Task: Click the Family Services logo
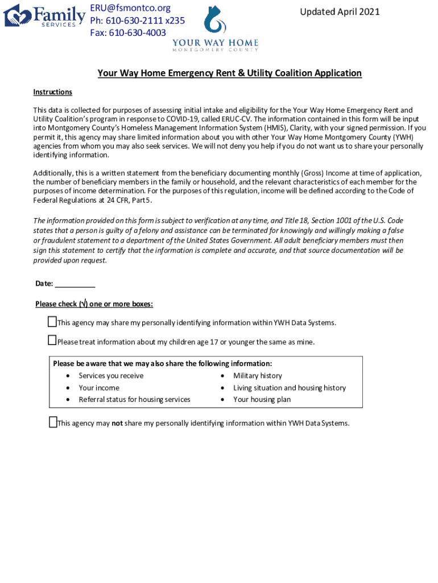(x=44, y=15)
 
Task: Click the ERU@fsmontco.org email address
(x=130, y=9)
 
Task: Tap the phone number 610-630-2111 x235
(x=137, y=20)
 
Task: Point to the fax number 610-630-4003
(x=128, y=32)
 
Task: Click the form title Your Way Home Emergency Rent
(x=229, y=73)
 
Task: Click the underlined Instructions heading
(x=52, y=92)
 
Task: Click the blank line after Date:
(x=75, y=284)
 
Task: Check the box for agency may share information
(x=52, y=322)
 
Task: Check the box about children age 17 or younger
(x=52, y=340)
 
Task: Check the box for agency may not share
(x=52, y=422)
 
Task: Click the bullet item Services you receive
(x=111, y=376)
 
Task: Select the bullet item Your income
(x=99, y=388)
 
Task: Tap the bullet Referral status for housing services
(x=134, y=400)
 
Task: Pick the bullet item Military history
(x=257, y=376)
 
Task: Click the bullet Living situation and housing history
(x=289, y=388)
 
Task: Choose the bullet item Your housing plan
(x=262, y=400)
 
